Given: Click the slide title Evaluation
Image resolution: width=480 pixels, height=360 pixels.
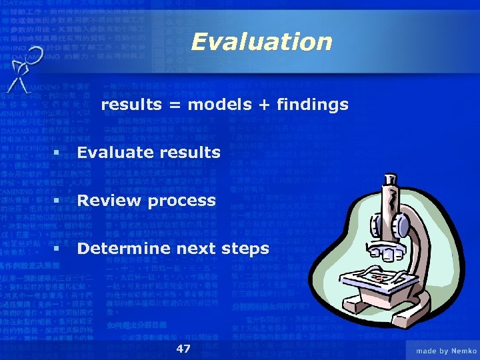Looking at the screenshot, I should tap(261, 42).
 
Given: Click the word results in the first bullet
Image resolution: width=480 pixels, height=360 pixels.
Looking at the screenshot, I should tap(190, 153).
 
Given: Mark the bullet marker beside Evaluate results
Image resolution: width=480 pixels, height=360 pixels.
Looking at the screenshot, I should tap(57, 153).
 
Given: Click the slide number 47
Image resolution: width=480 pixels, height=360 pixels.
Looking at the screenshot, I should tap(183, 349).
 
